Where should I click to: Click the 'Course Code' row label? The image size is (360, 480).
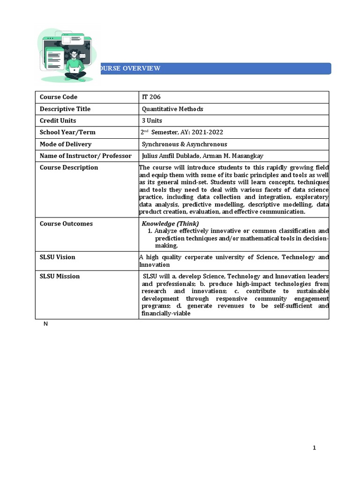click(x=59, y=97)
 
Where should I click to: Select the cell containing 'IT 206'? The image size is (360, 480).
click(x=151, y=97)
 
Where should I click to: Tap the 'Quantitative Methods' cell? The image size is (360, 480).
click(x=172, y=109)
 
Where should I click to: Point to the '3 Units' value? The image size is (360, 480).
click(x=152, y=121)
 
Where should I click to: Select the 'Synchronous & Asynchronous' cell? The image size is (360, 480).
click(x=184, y=144)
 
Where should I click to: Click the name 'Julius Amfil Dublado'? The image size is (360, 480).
click(x=171, y=156)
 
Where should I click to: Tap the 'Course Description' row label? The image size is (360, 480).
click(x=69, y=168)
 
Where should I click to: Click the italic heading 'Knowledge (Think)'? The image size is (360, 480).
click(x=170, y=224)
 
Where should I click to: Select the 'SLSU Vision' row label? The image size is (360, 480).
click(x=57, y=257)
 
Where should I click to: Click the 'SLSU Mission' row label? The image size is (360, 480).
click(x=60, y=277)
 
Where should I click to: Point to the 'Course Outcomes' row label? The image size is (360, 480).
click(x=66, y=224)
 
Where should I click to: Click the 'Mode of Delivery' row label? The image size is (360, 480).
click(x=66, y=144)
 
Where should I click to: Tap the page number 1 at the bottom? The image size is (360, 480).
click(x=315, y=448)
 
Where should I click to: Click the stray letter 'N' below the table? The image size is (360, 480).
click(x=45, y=324)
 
